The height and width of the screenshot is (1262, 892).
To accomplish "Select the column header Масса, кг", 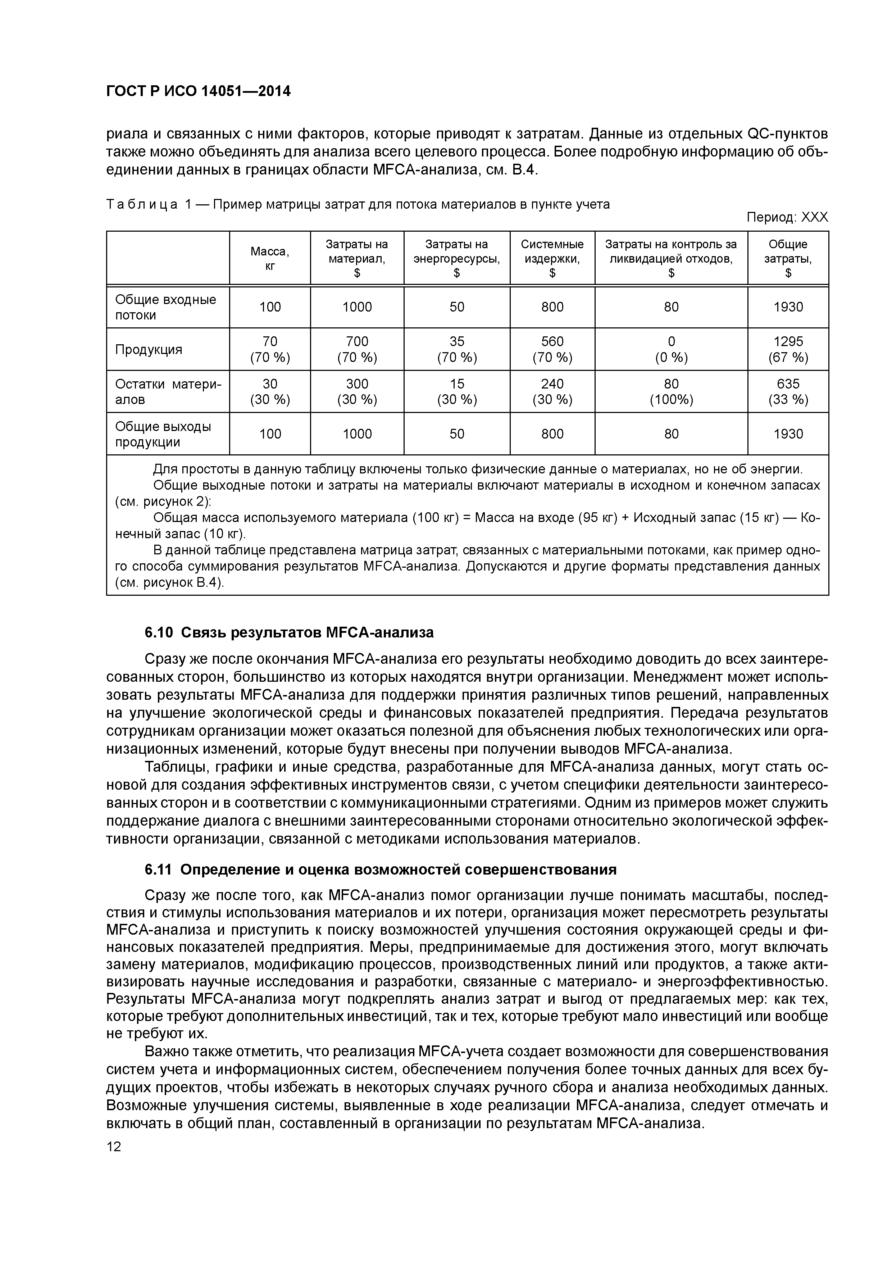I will point(270,258).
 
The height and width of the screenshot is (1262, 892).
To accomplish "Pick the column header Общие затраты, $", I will point(788,258).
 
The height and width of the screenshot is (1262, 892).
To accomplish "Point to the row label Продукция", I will point(149,350).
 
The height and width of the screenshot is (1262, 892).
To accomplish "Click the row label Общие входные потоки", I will point(165,307).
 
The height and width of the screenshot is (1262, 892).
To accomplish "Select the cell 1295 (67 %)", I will point(788,350).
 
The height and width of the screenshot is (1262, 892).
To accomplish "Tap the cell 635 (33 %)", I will point(788,391).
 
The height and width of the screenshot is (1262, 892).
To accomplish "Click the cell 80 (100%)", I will point(671,391).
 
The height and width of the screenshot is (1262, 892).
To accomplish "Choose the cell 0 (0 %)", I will point(671,350).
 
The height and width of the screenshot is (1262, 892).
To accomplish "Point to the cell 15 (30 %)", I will point(457,391).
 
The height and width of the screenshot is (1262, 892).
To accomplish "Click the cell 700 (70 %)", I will point(357,350).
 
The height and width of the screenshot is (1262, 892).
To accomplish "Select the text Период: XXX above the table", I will point(787,218).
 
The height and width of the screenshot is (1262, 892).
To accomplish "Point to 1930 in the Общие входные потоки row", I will point(788,307).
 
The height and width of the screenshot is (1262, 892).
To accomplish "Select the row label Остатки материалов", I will point(168,391).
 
